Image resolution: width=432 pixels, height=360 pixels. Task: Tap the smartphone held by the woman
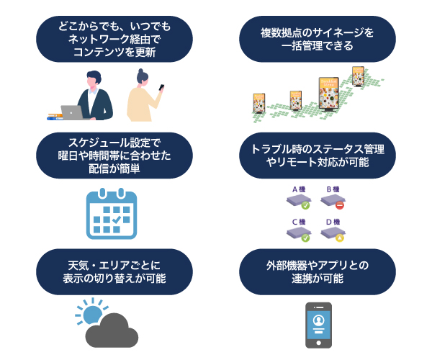tap(161, 89)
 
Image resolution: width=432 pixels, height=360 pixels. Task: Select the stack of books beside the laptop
tap(53, 116)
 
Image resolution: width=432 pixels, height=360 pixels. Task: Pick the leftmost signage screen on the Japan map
tap(259, 104)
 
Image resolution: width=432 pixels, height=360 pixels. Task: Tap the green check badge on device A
tap(305, 205)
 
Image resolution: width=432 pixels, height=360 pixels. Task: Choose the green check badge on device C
tap(305, 238)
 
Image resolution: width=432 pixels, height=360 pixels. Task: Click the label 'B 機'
tap(333, 189)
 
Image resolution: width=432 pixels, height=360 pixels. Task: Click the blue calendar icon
tap(111, 214)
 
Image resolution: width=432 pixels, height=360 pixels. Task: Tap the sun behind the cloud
tap(91, 315)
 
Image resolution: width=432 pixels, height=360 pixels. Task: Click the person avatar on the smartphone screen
tap(319, 319)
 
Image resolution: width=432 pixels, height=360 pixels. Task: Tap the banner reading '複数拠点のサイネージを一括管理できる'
tap(317, 40)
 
